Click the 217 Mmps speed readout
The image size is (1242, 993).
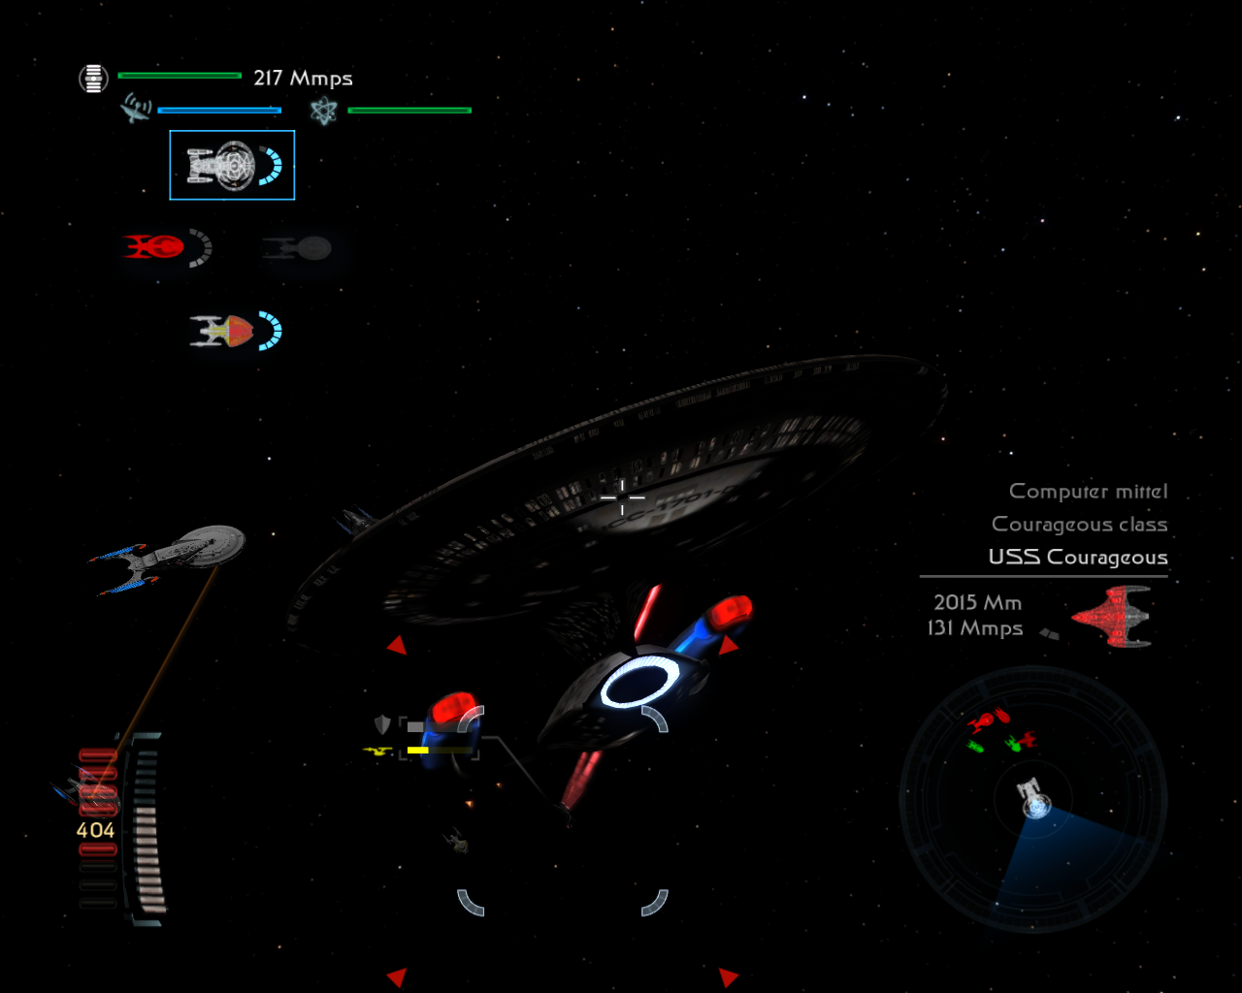[303, 79]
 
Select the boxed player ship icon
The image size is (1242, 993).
[232, 165]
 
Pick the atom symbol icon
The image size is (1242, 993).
[323, 111]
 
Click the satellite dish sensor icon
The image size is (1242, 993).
[135, 108]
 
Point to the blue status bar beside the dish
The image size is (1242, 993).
[219, 111]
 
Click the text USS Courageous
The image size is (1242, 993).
[1077, 558]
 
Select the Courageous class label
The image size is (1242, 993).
[1079, 525]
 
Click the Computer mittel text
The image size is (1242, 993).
[1088, 492]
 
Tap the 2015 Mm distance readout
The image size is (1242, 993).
[977, 603]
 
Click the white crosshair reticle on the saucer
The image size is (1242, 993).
[622, 497]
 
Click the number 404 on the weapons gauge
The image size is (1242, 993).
[95, 831]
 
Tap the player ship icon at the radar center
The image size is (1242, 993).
[1034, 799]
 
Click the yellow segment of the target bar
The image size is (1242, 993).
[418, 751]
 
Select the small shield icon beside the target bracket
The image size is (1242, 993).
[382, 724]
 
